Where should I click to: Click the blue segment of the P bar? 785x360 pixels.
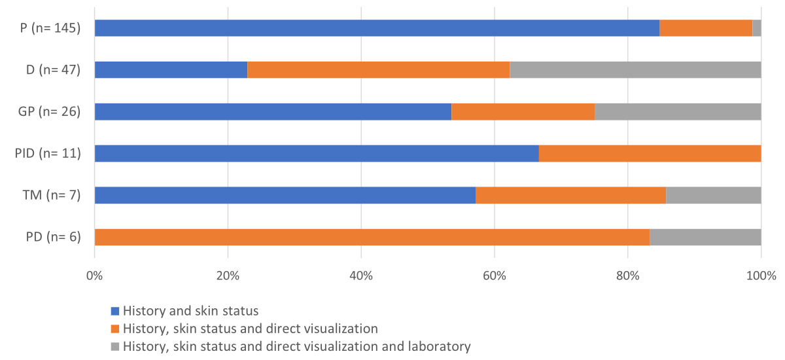[377, 28]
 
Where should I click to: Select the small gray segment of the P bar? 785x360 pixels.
[757, 28]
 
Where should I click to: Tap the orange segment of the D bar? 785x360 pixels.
[378, 69]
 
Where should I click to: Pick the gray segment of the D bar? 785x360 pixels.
[635, 69]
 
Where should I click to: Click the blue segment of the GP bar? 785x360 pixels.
[273, 111]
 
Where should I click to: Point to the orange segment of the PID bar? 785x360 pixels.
[650, 153]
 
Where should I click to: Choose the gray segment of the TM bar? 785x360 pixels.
[713, 195]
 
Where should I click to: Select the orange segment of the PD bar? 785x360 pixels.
[372, 237]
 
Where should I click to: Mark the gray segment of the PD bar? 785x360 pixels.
[705, 237]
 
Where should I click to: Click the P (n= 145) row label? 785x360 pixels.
[50, 29]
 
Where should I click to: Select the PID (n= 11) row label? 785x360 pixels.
[47, 154]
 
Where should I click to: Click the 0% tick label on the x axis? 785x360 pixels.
[95, 276]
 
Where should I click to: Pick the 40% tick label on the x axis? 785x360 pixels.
[361, 276]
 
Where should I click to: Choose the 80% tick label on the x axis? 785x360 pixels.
[628, 276]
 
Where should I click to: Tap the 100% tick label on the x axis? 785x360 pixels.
[761, 276]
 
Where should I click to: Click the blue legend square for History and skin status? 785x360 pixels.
[116, 311]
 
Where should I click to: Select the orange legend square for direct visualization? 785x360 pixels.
[116, 329]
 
